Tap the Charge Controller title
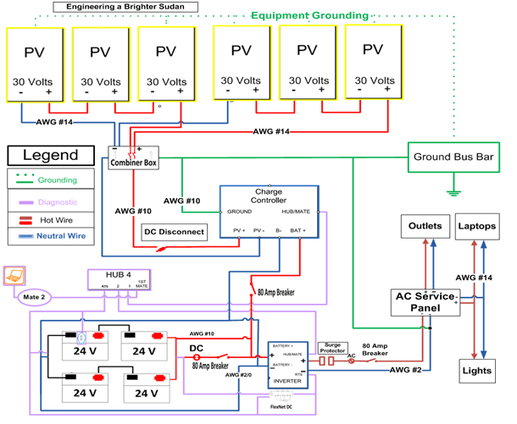point(268,196)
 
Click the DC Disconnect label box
point(175,231)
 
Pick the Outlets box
point(425,227)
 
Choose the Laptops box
point(477,227)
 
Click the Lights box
point(477,370)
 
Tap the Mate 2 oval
point(34,296)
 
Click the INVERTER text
point(286,381)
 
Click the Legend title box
point(51,156)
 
